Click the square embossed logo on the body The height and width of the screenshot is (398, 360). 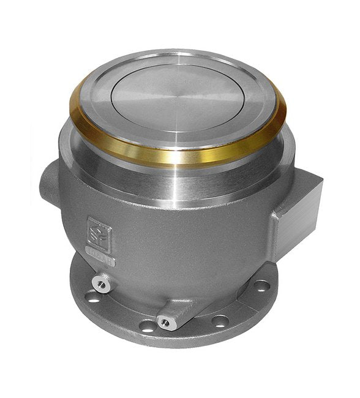pyautogui.click(x=99, y=232)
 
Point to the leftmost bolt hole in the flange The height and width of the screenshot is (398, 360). pyautogui.click(x=92, y=298)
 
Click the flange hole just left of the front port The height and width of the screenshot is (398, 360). pyautogui.click(x=147, y=326)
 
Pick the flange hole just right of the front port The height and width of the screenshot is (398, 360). pyautogui.click(x=220, y=320)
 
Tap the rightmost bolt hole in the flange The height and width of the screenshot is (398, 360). pyautogui.click(x=261, y=285)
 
